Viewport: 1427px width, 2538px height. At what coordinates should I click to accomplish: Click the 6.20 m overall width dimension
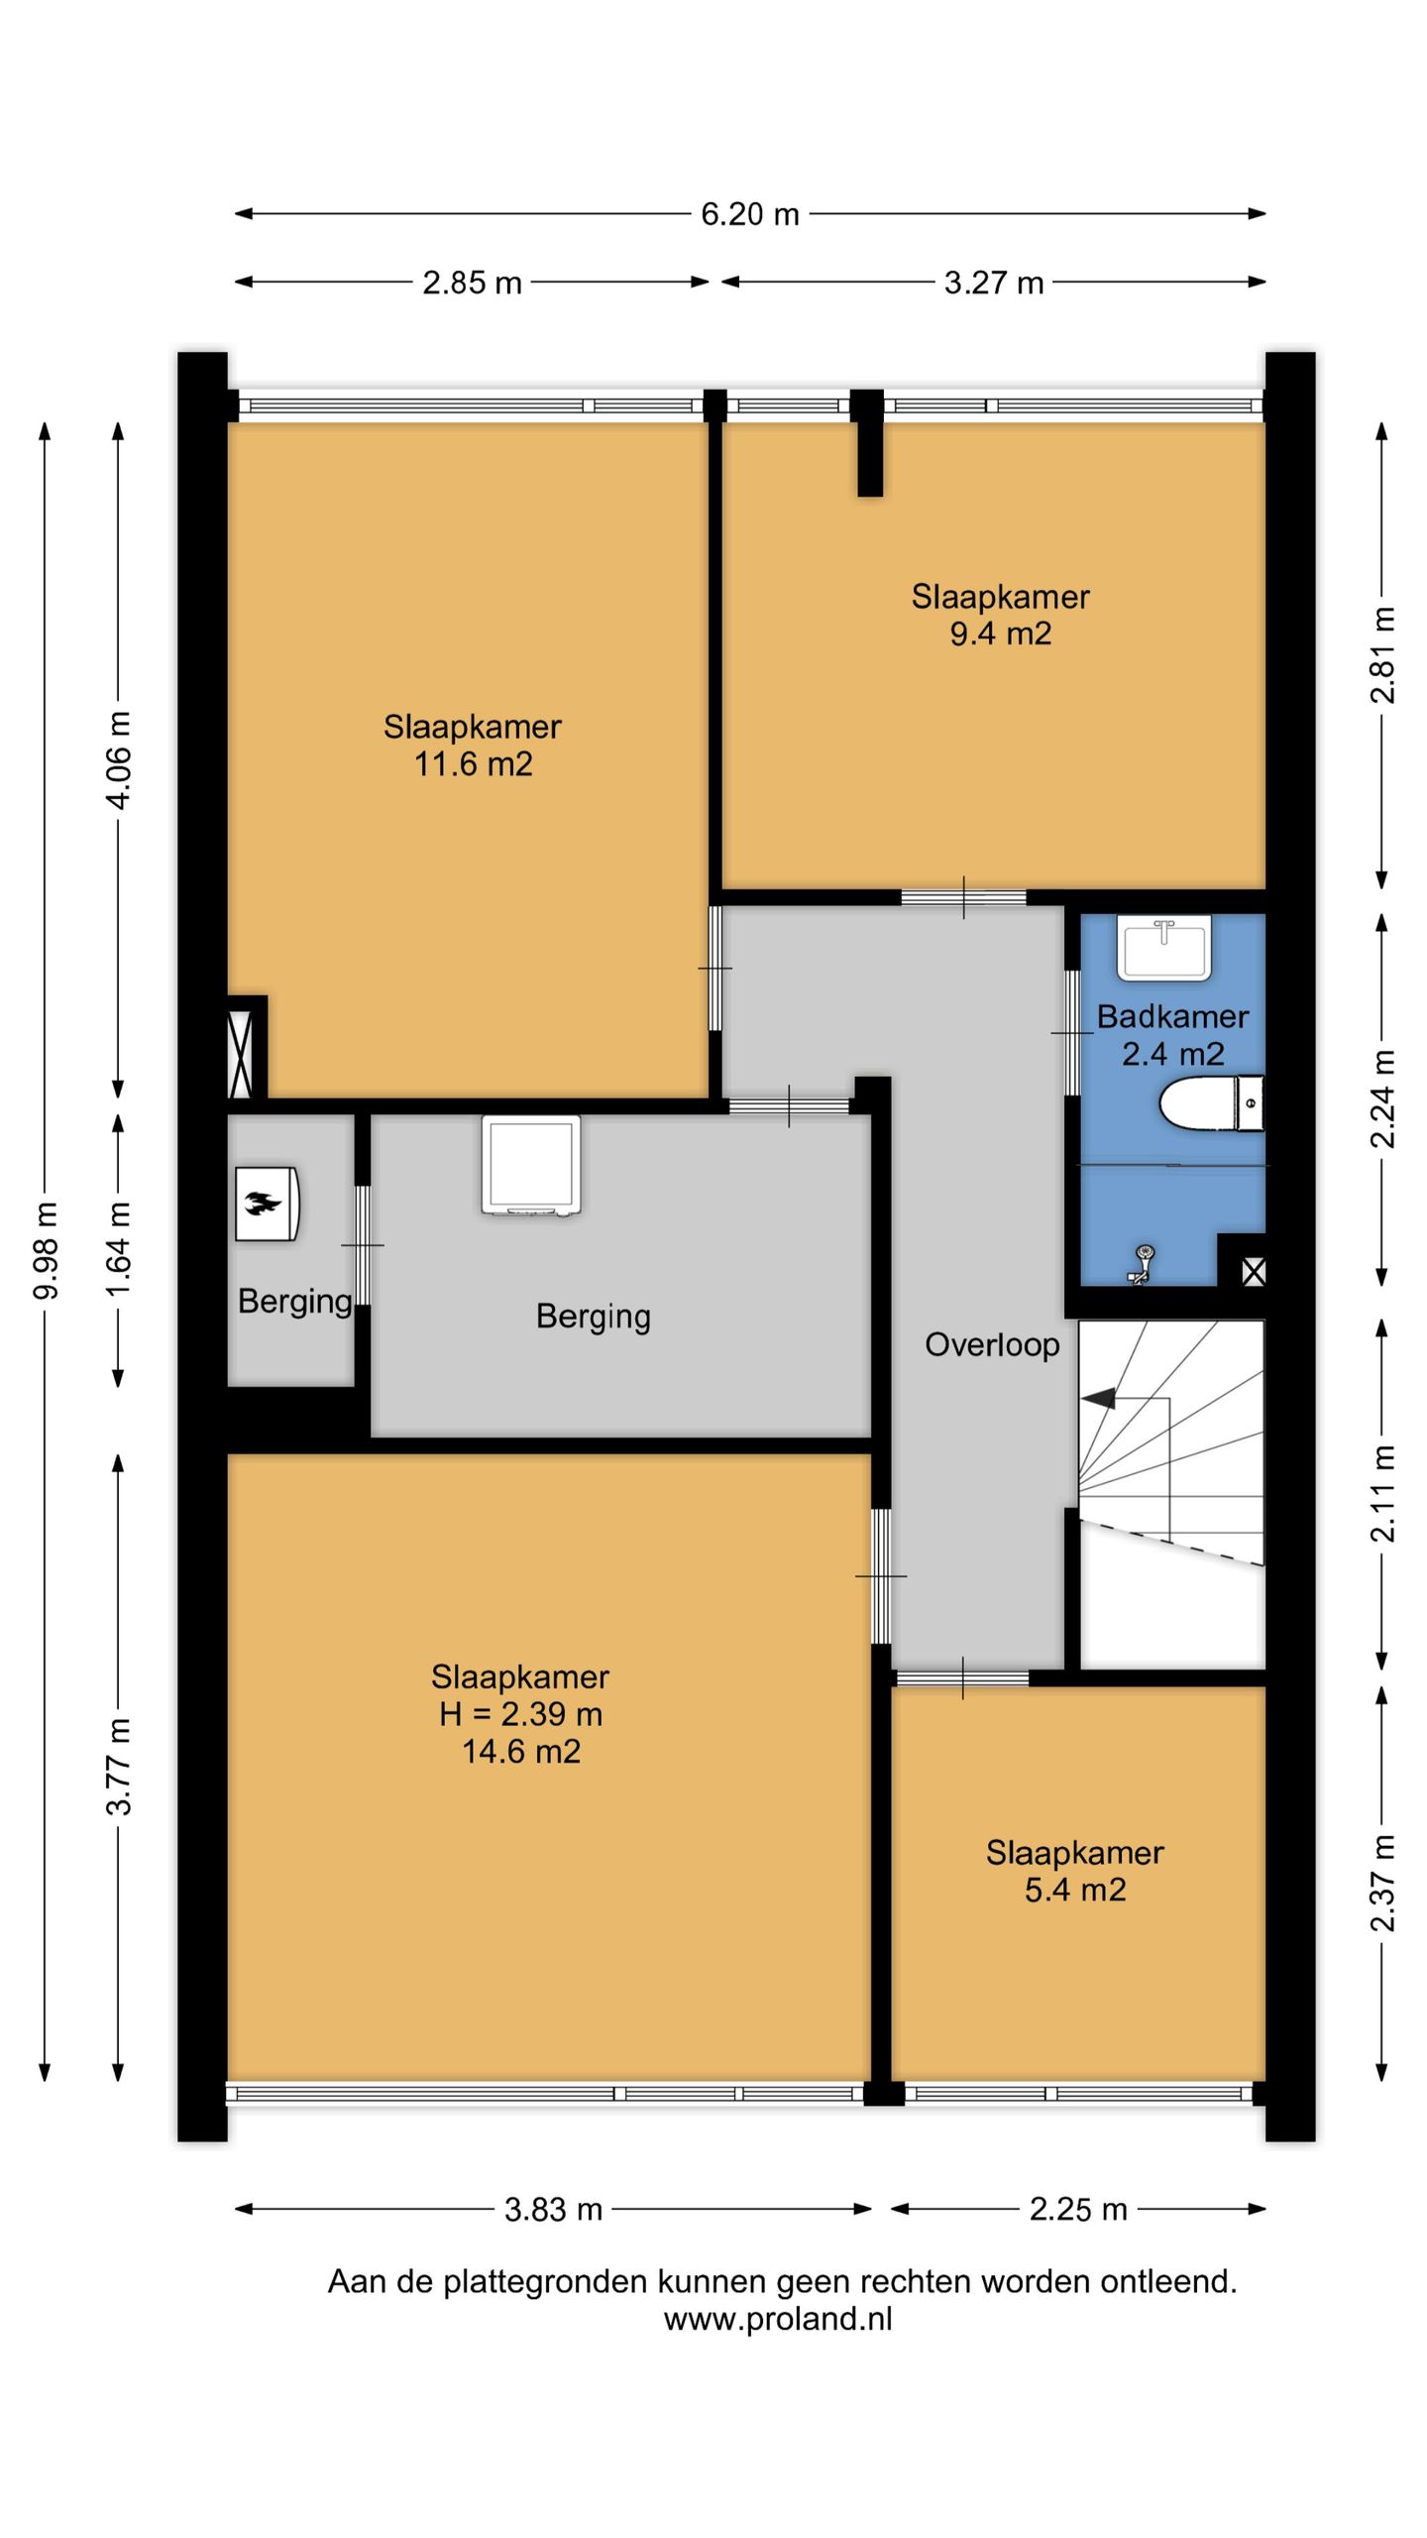tap(750, 214)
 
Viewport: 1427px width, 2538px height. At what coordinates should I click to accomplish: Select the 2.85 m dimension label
tap(472, 284)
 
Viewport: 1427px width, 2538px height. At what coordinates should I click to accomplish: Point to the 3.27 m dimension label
tap(994, 284)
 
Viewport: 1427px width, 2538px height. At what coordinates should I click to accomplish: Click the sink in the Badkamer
tap(1164, 948)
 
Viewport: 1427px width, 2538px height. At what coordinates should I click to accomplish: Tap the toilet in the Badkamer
tap(1211, 1102)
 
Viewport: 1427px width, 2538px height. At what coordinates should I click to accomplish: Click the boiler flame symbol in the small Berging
tap(267, 1204)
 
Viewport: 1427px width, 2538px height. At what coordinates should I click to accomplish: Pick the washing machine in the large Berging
tap(531, 1166)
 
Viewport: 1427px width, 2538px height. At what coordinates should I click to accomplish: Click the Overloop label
tap(992, 1345)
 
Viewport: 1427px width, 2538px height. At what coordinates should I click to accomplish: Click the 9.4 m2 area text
tap(1001, 634)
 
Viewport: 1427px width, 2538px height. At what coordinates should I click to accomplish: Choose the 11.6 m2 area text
tap(474, 764)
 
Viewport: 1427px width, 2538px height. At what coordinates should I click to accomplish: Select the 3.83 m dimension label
tap(553, 2210)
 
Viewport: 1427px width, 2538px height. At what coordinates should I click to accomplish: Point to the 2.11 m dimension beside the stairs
tap(1382, 1493)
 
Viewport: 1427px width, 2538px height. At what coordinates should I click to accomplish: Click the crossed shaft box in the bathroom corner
tap(1253, 1271)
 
